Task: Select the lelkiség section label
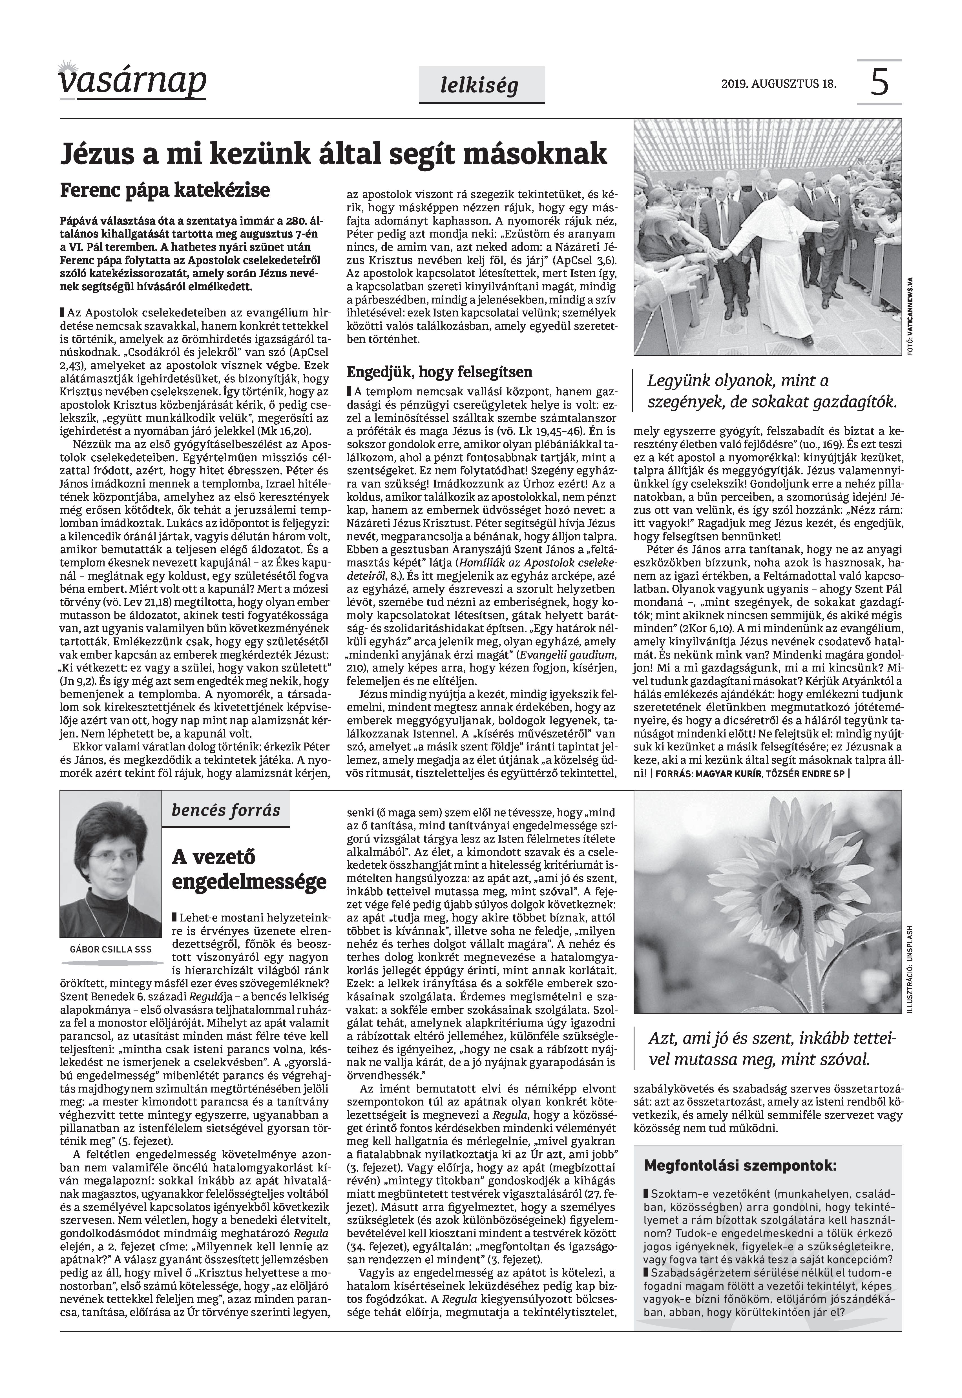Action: tap(479, 86)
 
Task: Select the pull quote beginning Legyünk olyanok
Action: tap(771, 392)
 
